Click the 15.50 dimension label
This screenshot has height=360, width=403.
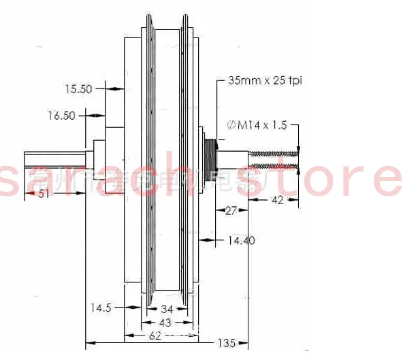pyautogui.click(x=80, y=88)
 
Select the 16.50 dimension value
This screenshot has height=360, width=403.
pyautogui.click(x=60, y=116)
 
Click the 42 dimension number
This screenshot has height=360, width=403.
pyautogui.click(x=277, y=200)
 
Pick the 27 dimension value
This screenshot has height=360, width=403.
pyautogui.click(x=231, y=211)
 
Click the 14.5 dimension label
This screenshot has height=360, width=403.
pyautogui.click(x=100, y=308)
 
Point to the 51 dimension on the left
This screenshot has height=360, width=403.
pyautogui.click(x=44, y=194)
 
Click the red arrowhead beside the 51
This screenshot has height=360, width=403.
pyautogui.click(x=31, y=194)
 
